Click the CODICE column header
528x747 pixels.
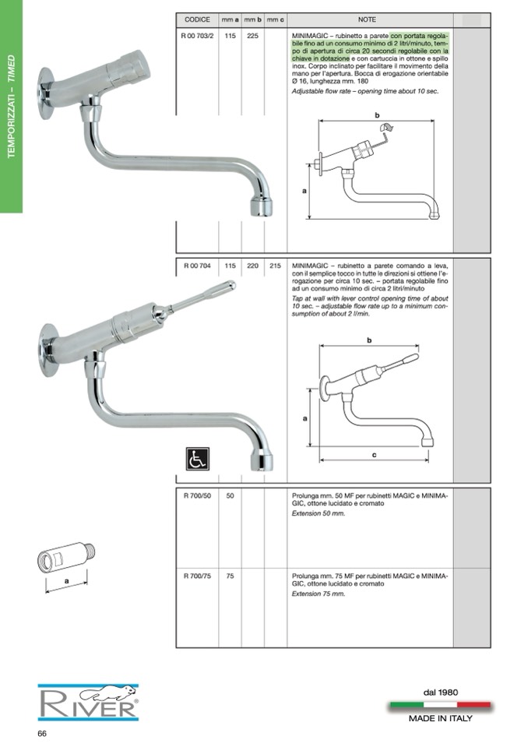pyautogui.click(x=197, y=19)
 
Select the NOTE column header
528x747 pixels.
pyautogui.click(x=367, y=19)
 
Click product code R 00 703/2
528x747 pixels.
pyautogui.click(x=197, y=35)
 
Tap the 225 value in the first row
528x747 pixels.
pyautogui.click(x=253, y=35)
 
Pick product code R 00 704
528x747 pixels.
pyautogui.click(x=197, y=266)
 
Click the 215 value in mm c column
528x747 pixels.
pyautogui.click(x=275, y=266)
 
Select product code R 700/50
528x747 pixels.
pyautogui.click(x=197, y=495)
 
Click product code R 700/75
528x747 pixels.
pyautogui.click(x=197, y=576)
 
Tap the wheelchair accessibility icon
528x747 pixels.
pyautogui.click(x=198, y=458)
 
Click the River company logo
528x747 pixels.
pyautogui.click(x=89, y=703)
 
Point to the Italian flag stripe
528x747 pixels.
pyautogui.click(x=441, y=705)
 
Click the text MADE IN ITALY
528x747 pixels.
pyautogui.click(x=441, y=718)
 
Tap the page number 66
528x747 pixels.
pyautogui.click(x=42, y=734)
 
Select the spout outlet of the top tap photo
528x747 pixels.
pyautogui.click(x=262, y=208)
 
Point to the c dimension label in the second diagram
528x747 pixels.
pyautogui.click(x=375, y=455)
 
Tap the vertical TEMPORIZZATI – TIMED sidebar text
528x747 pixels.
pyautogui.click(x=12, y=106)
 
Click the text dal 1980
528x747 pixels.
pyautogui.click(x=441, y=692)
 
